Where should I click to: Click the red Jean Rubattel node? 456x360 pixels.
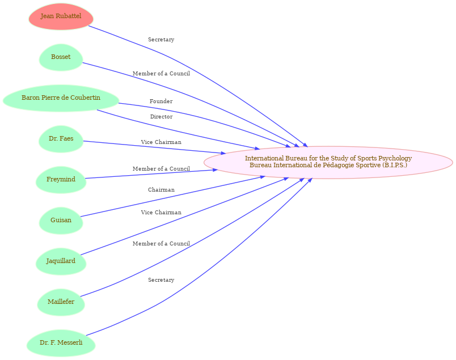pos(61,16)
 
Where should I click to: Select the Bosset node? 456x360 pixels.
pos(61,57)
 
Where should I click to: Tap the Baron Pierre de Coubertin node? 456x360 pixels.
pos(61,98)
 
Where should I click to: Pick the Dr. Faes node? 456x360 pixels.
pos(61,139)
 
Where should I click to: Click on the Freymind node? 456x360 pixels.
pos(61,180)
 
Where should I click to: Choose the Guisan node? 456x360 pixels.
pos(61,221)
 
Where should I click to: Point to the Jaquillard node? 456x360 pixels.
pos(61,261)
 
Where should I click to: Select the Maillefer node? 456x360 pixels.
pos(61,302)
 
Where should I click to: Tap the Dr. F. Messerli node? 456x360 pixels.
pos(61,343)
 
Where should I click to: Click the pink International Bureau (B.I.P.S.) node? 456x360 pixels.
pos(328,162)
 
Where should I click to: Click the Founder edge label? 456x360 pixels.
pos(161,101)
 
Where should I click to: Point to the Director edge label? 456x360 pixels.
pos(161,117)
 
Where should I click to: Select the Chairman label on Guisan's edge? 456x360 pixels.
pos(161,190)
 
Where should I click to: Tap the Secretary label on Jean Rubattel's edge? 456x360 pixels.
pos(161,40)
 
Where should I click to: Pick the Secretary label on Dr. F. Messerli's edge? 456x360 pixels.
pos(161,280)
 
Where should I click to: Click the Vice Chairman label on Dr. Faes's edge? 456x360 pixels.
pos(161,142)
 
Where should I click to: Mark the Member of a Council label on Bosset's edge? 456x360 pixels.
pos(161,74)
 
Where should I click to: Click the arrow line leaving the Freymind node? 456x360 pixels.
pos(147,175)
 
